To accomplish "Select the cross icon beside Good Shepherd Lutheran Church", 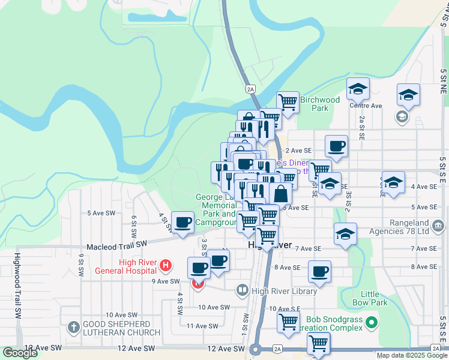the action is coord(73,328).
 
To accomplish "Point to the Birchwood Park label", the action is coord(320,104).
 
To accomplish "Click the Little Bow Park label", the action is coord(374,298).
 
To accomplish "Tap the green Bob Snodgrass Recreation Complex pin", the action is coord(372,322).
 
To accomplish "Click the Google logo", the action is coord(19,353).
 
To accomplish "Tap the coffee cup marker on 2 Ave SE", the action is coord(336,145).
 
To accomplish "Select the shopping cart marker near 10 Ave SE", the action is coord(288,322).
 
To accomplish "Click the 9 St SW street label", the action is coord(80,264).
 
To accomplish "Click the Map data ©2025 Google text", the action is coord(411,355).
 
